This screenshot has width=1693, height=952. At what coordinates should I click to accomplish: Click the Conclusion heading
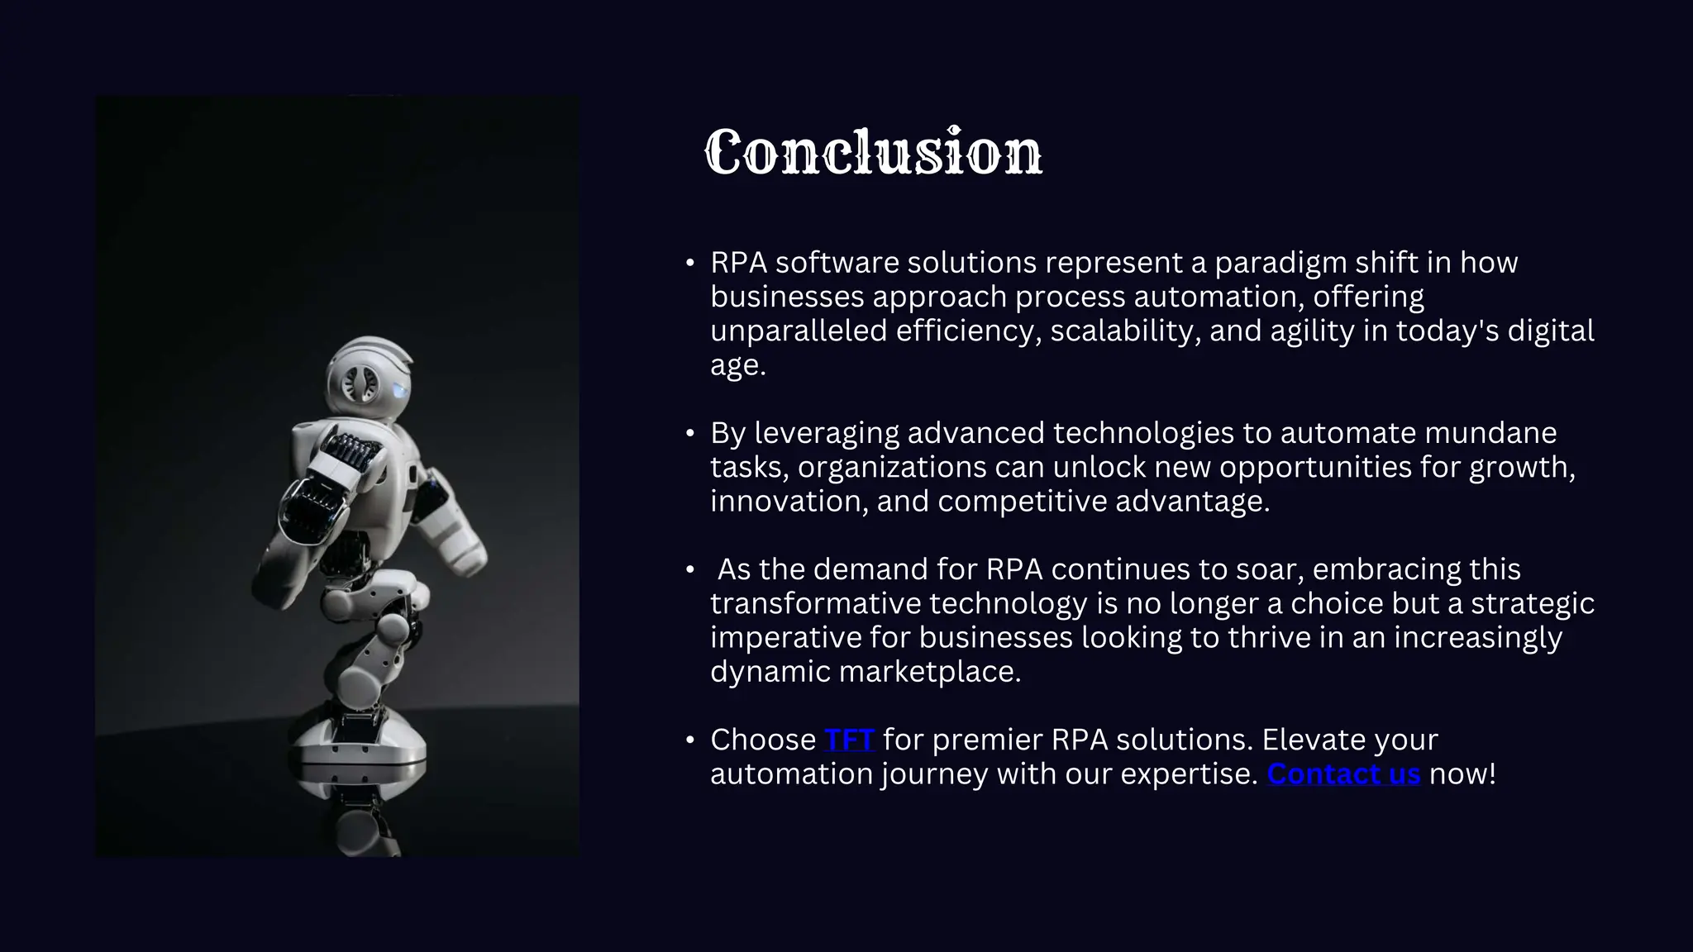coord(873,152)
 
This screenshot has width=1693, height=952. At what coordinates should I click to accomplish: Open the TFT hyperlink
coord(849,740)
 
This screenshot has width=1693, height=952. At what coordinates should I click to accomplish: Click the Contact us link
coord(1343,774)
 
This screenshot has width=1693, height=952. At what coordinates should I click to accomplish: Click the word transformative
coord(815,604)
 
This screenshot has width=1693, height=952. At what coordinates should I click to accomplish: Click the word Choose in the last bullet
coord(762,740)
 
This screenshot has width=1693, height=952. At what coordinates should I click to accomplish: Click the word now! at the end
coord(1462,774)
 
